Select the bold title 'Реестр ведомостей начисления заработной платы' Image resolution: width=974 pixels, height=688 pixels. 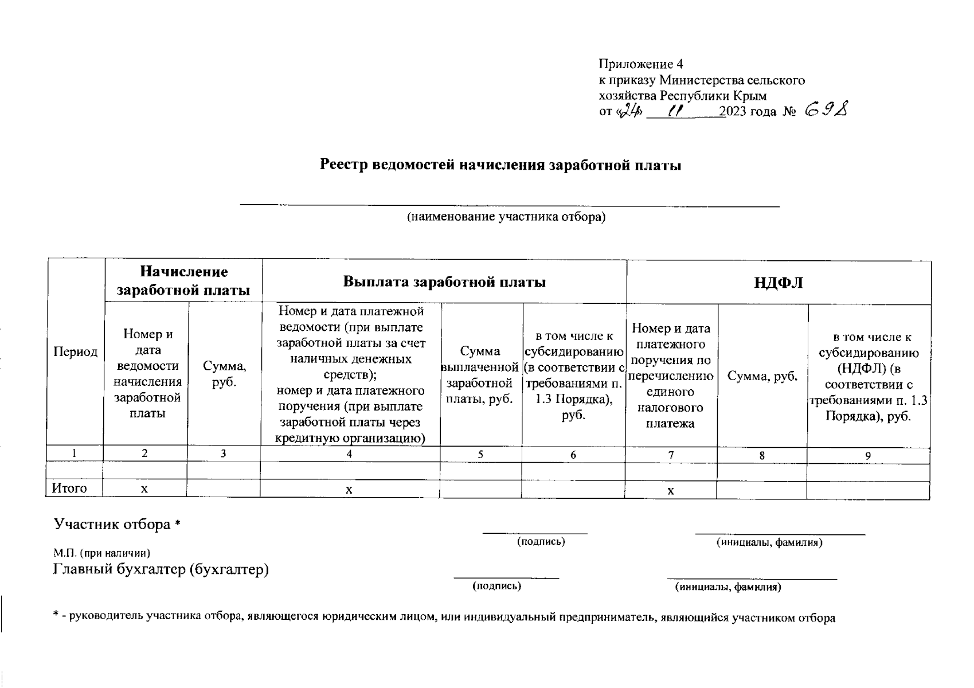coord(500,166)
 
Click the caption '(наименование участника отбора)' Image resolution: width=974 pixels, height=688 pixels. coord(506,217)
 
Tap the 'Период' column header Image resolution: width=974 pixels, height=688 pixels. coord(75,351)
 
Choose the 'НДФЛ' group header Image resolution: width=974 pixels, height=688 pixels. coord(779,283)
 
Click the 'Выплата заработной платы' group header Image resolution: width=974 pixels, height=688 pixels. coord(444,282)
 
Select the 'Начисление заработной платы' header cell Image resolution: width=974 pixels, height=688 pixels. coord(183,281)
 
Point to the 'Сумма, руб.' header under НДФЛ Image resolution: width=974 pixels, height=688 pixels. coord(762,376)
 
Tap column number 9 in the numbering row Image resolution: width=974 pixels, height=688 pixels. coord(868,455)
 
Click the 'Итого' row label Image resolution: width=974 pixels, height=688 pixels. coord(69,488)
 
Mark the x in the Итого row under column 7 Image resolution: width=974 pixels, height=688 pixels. coord(670,491)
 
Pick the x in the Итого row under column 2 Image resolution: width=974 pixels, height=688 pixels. coord(144,489)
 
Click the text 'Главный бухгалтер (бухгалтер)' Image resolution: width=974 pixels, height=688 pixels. coord(161,570)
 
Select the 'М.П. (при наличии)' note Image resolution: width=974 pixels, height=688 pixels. coord(102,553)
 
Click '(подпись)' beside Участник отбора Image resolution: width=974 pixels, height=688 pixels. coord(541,542)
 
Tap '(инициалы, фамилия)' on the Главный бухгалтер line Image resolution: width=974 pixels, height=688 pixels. coord(728,587)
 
